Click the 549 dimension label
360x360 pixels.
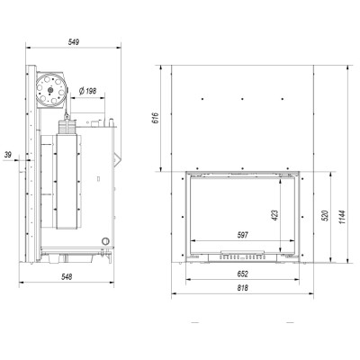click(73, 42)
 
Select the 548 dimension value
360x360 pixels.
click(67, 277)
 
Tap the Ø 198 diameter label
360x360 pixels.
click(87, 91)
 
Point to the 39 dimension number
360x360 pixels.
click(8, 155)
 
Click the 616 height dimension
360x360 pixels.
click(155, 119)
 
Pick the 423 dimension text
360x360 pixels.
click(275, 215)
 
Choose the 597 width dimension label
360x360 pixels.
click(242, 235)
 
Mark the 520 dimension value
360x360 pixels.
click(325, 216)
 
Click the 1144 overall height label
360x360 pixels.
click(343, 217)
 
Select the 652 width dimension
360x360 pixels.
click(243, 274)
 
